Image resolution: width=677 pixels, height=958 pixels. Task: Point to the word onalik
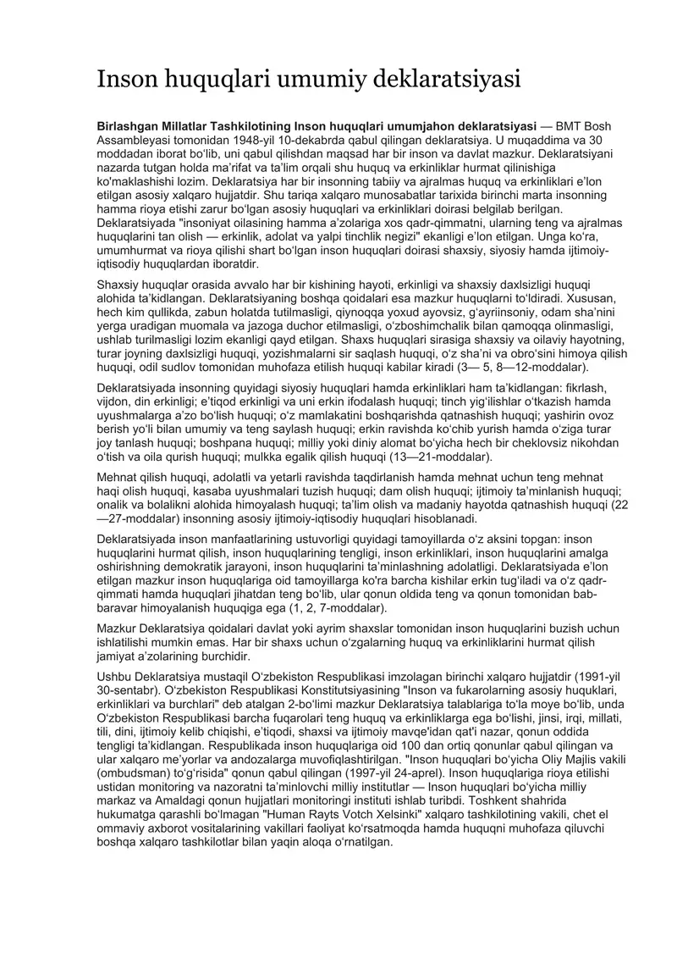[116, 505]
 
